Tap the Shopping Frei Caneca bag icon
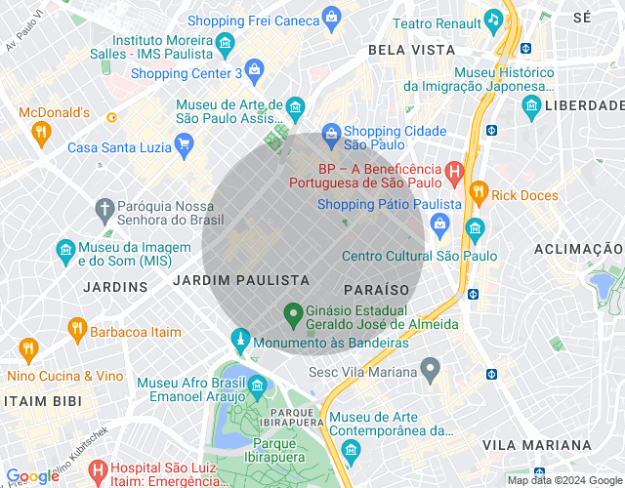(x=332, y=17)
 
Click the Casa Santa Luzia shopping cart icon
(x=183, y=146)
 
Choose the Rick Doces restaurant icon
(x=478, y=192)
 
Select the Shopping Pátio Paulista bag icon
(x=440, y=224)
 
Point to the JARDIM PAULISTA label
(x=240, y=280)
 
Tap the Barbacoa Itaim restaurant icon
(x=76, y=331)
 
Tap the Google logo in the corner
(x=32, y=476)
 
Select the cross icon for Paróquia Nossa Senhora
(x=104, y=208)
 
